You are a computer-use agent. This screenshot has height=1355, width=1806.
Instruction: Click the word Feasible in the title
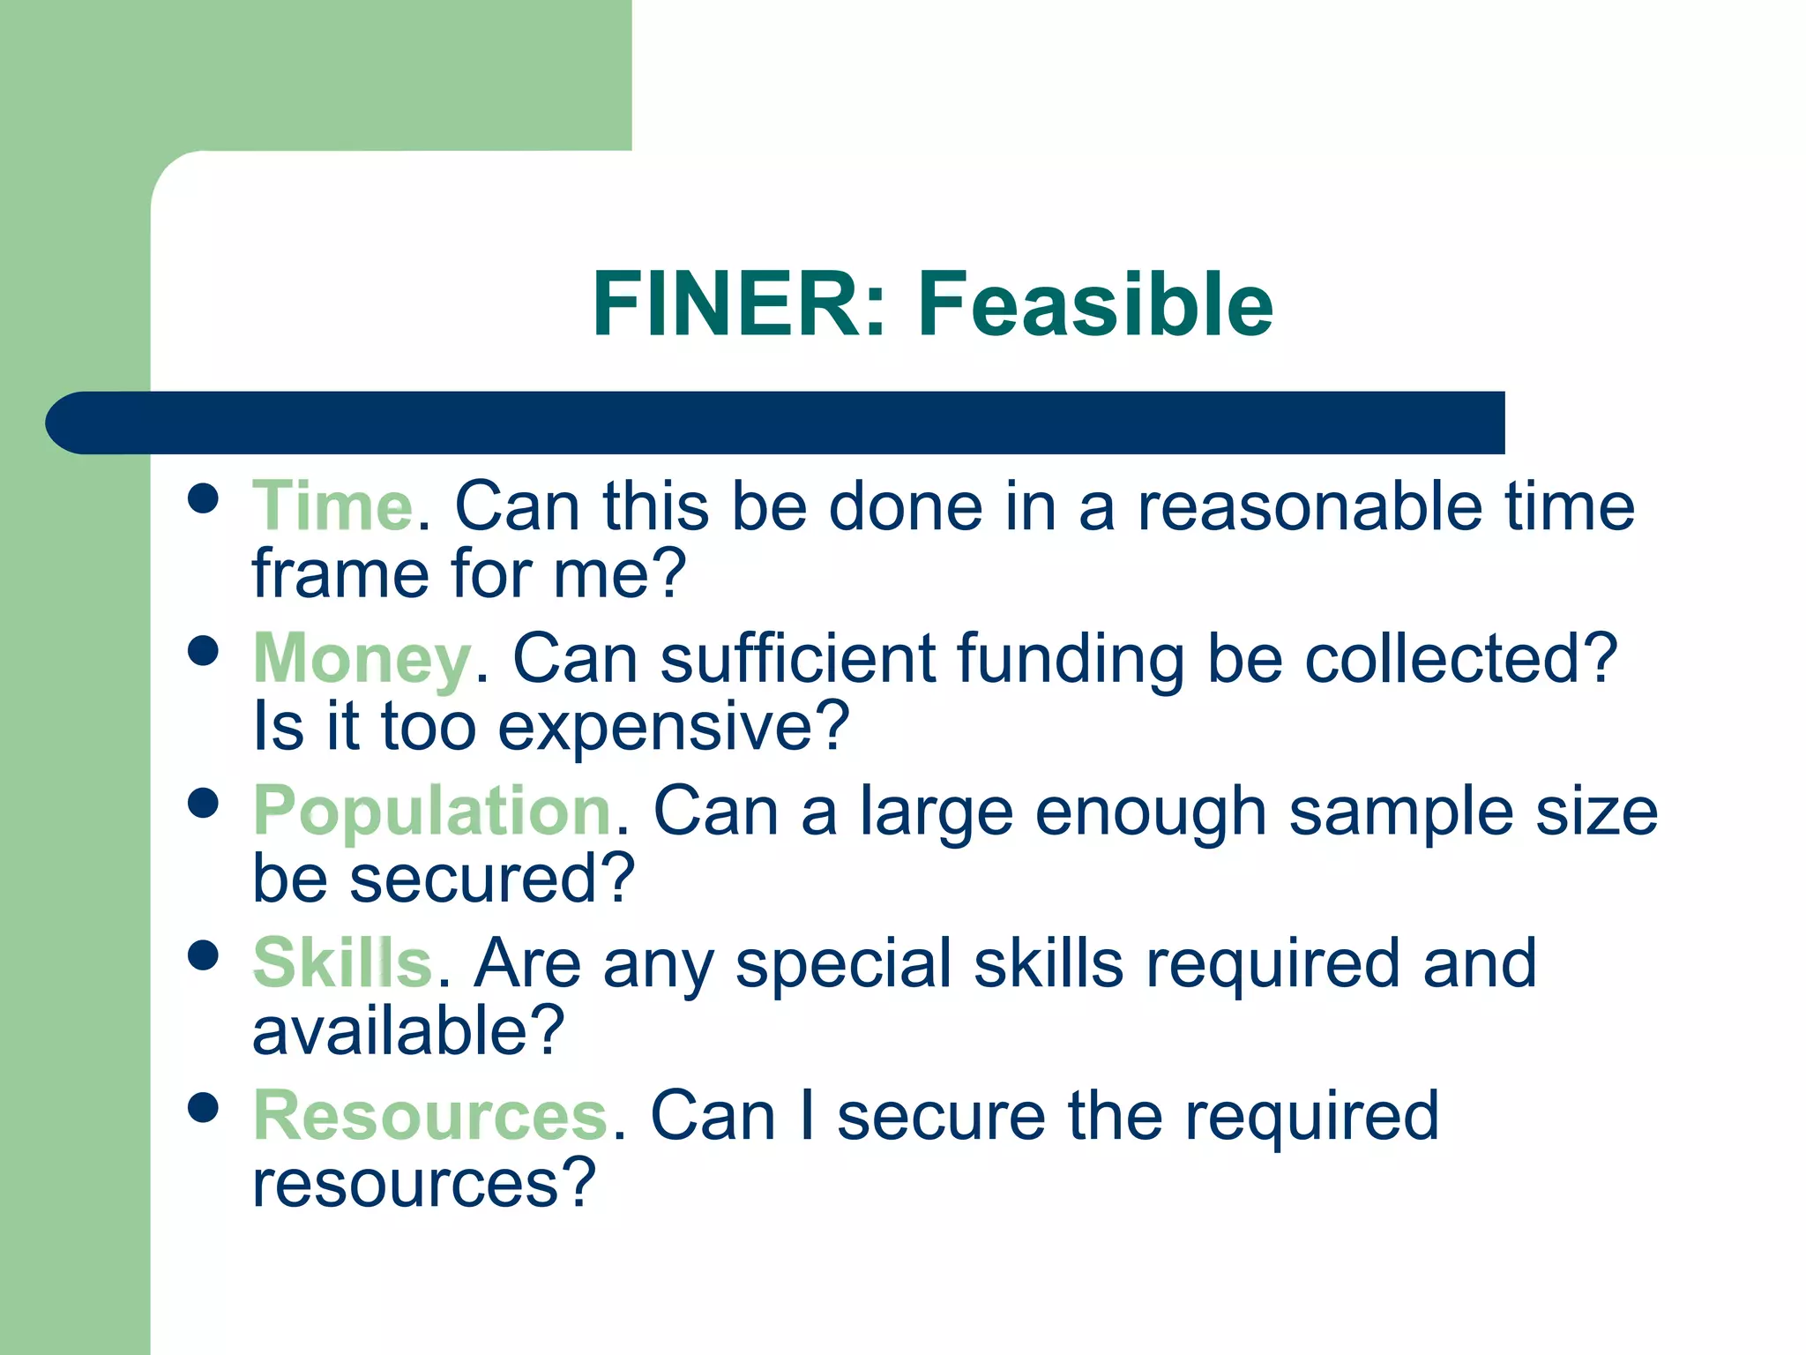1095,304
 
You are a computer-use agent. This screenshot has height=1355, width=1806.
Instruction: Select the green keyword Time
332,507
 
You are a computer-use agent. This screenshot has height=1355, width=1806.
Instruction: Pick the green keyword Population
432,812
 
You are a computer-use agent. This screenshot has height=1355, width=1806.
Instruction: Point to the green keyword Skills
342,963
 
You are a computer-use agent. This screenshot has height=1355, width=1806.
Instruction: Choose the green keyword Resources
430,1116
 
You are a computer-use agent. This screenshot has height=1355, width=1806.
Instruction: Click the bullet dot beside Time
204,498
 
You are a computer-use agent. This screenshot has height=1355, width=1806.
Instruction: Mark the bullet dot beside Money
204,651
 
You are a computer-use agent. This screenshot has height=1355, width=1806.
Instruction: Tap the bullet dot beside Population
204,803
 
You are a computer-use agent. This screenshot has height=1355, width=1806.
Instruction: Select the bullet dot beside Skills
204,955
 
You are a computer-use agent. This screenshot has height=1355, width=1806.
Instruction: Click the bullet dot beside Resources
204,1108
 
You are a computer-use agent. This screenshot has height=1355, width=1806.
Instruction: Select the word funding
1071,660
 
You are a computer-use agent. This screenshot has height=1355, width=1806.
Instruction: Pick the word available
407,1030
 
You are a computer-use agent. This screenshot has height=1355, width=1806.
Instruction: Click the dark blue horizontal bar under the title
776,423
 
